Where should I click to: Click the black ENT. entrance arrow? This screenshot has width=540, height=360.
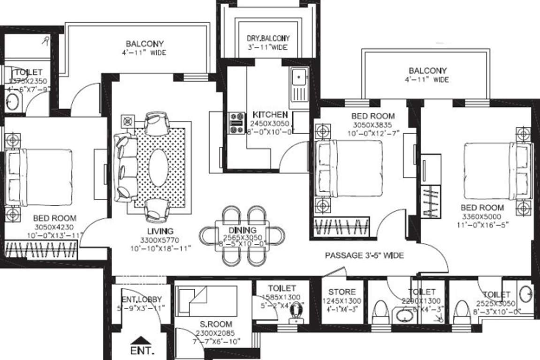pyautogui.click(x=139, y=340)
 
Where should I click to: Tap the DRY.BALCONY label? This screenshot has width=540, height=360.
pyautogui.click(x=268, y=38)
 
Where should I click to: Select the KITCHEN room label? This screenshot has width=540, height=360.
pyautogui.click(x=270, y=114)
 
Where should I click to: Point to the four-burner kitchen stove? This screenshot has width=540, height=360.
pyautogui.click(x=236, y=123)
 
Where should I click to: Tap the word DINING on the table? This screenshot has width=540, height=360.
pyautogui.click(x=243, y=230)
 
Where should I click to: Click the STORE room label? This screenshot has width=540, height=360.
pyautogui.click(x=342, y=292)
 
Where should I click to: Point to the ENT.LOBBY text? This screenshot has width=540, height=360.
pyautogui.click(x=142, y=299)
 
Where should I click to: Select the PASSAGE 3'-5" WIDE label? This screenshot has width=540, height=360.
pyautogui.click(x=365, y=255)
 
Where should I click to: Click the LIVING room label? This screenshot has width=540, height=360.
pyautogui.click(x=160, y=231)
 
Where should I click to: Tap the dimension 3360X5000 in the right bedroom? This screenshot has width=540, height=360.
pyautogui.click(x=481, y=217)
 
